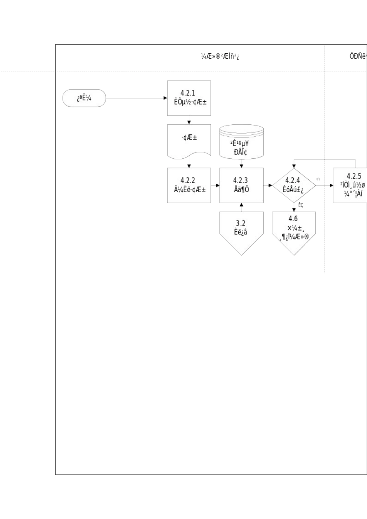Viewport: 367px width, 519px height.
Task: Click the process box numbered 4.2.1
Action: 189,98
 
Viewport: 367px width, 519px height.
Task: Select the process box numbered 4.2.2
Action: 189,185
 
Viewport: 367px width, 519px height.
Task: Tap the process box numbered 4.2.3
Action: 241,185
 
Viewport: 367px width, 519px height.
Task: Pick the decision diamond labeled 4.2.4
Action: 294,185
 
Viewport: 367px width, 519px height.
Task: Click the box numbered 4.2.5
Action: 350,185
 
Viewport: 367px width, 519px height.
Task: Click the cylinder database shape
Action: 241,142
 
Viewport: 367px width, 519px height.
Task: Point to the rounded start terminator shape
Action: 84,98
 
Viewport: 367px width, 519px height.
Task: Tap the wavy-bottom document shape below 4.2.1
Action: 189,141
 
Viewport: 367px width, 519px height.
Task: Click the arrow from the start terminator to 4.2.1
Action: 136,98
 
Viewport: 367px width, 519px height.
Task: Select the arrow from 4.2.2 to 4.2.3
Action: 215,185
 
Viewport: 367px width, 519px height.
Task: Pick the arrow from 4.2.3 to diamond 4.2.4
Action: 268,185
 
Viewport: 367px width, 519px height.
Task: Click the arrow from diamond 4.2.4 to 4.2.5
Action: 325,185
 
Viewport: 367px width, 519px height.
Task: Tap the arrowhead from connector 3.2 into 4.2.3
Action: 241,205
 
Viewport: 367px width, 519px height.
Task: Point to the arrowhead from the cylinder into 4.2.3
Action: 241,166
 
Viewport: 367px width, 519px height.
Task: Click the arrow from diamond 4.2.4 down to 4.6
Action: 294,207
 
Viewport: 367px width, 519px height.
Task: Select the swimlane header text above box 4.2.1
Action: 220,56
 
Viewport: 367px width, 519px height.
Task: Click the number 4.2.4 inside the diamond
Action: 292,180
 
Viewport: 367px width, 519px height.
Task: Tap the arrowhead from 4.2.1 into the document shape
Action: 189,122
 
